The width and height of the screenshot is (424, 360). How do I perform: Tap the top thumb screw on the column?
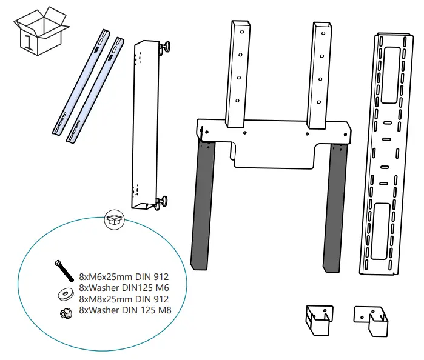point(165,47)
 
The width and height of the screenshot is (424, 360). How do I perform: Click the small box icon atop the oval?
point(113,220)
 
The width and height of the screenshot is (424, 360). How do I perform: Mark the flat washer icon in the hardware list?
point(62,294)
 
